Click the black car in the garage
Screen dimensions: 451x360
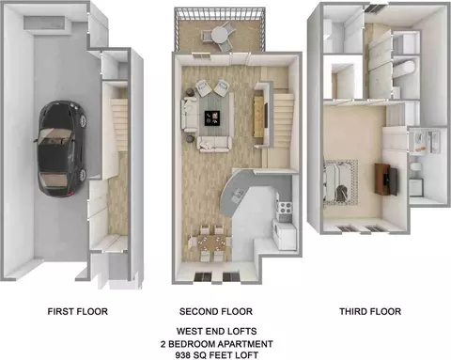[61, 149]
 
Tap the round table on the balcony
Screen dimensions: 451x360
[221, 35]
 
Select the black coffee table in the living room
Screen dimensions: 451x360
[212, 118]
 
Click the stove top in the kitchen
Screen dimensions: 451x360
[285, 207]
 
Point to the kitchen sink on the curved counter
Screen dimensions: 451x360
[237, 196]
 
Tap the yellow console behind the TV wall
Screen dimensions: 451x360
[258, 117]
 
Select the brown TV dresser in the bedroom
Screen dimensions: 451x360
[386, 179]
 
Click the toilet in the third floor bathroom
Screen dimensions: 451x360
[415, 166]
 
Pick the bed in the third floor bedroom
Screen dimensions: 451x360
[340, 182]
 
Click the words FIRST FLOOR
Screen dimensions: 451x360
[78, 311]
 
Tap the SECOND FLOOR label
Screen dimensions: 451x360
[216, 311]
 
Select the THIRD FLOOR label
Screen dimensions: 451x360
[370, 311]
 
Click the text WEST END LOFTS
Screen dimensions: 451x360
[216, 331]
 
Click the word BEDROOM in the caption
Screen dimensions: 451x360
[192, 344]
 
